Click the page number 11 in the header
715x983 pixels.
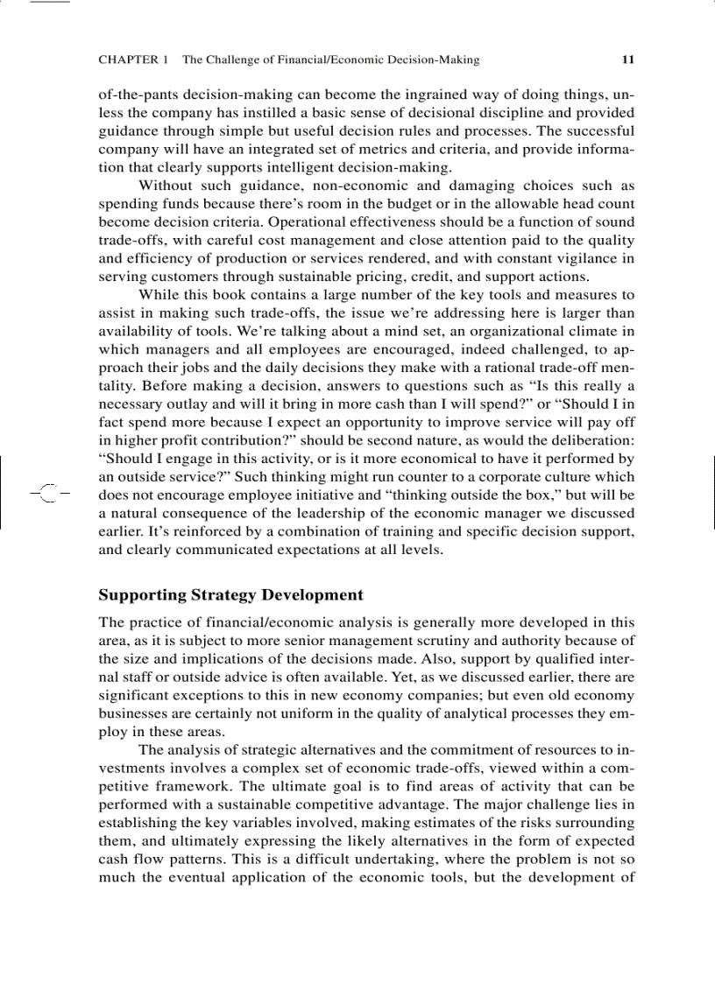click(x=627, y=60)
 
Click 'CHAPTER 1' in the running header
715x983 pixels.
click(x=133, y=60)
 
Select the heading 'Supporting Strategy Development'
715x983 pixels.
click(x=230, y=595)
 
